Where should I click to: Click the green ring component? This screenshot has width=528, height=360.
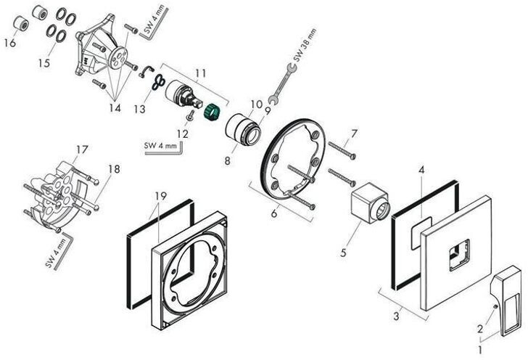coord(213,113)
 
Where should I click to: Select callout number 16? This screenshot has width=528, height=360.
coord(9,44)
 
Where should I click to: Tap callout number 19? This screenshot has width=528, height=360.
coord(161,195)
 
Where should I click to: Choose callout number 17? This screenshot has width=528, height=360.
coord(82,150)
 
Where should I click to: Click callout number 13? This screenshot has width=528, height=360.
coord(140,109)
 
